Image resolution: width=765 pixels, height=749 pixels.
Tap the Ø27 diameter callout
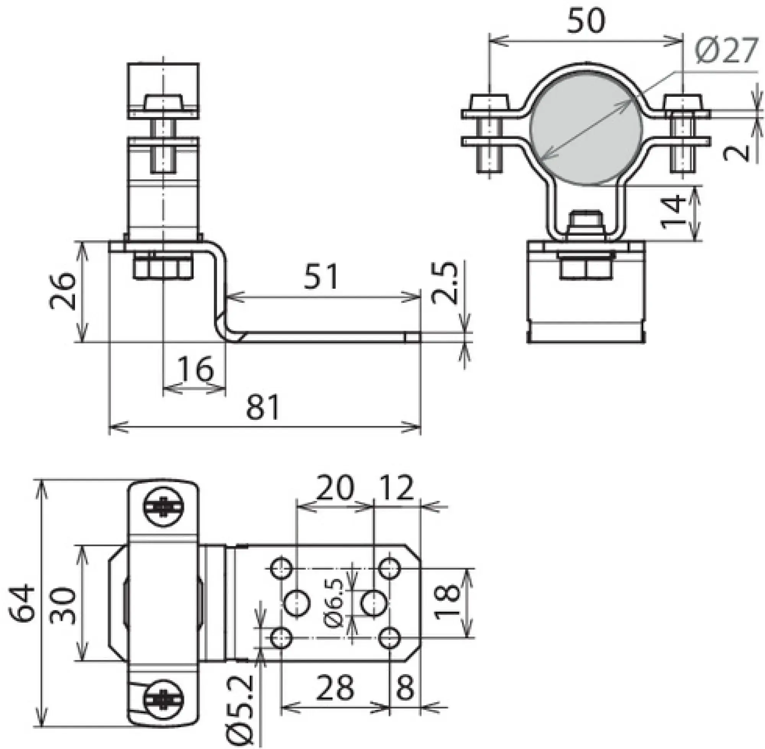[725, 51]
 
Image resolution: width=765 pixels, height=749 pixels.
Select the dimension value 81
[263, 407]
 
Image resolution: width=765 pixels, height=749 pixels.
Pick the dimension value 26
[62, 291]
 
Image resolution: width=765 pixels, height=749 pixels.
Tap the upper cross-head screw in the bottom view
[163, 507]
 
